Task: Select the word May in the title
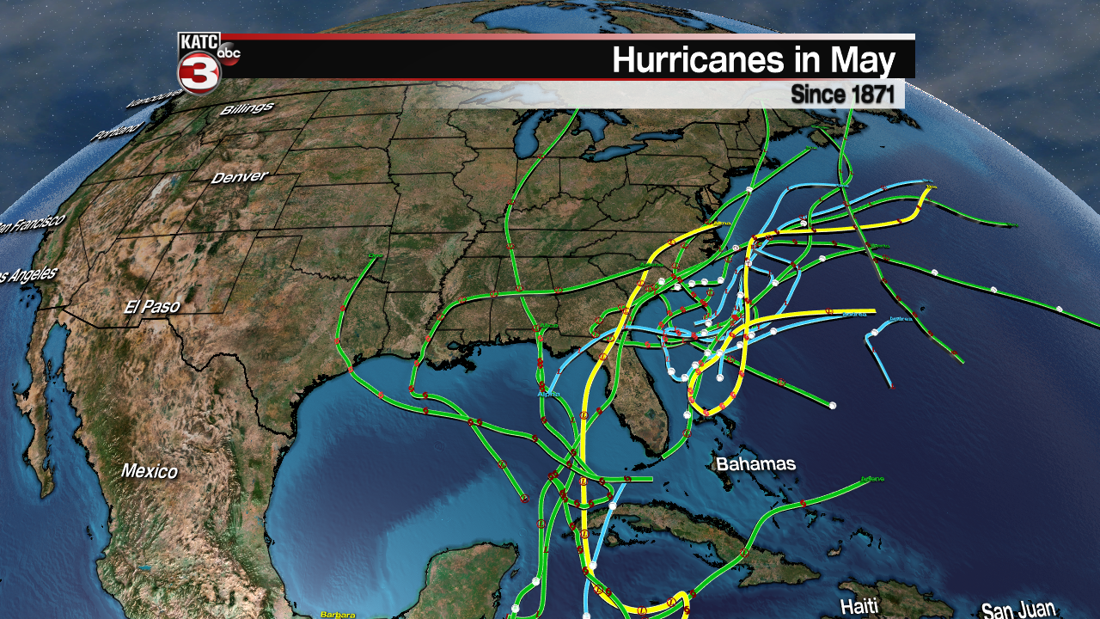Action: (863, 61)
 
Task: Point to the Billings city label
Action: (247, 109)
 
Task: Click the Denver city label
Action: (240, 176)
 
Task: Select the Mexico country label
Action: (150, 471)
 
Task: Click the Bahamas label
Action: (756, 464)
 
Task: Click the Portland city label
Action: (117, 131)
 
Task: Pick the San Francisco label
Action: (30, 224)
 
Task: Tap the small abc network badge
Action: (229, 53)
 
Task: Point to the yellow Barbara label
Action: (337, 614)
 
